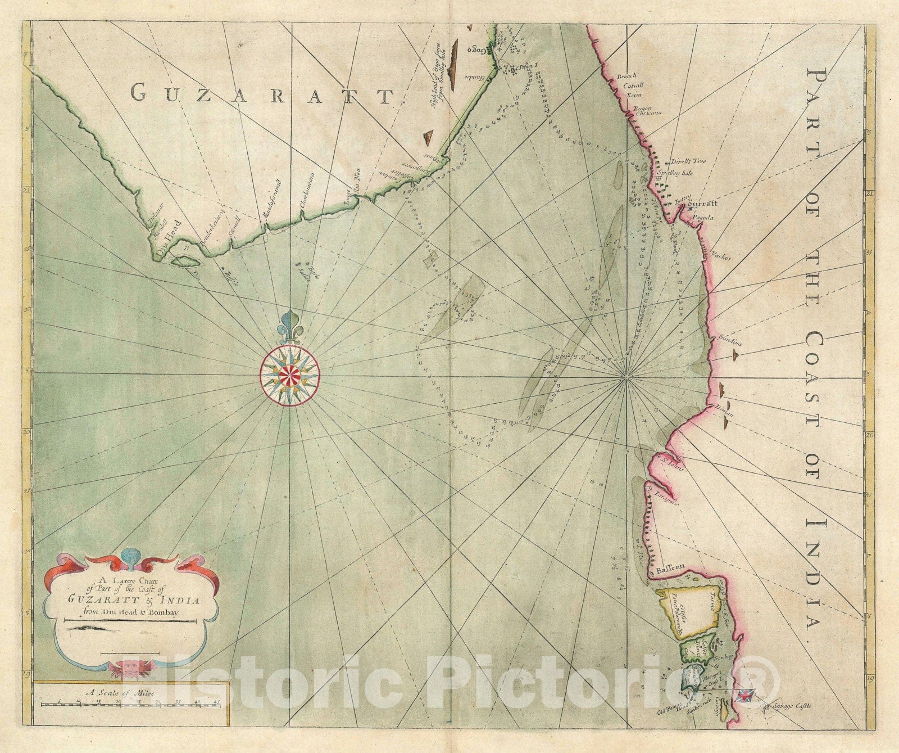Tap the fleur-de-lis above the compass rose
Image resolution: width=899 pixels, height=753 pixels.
tap(289, 327)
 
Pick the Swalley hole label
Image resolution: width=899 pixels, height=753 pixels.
tap(674, 173)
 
